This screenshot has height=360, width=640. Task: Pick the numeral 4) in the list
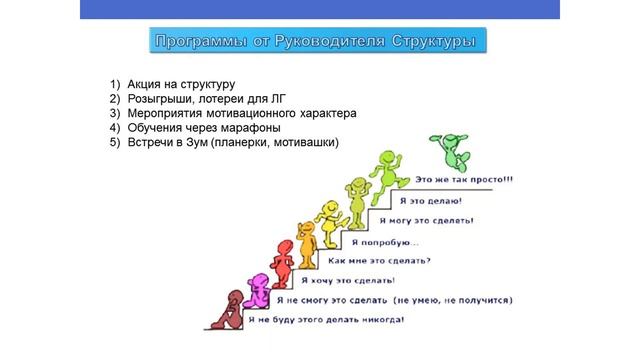coord(115,128)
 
